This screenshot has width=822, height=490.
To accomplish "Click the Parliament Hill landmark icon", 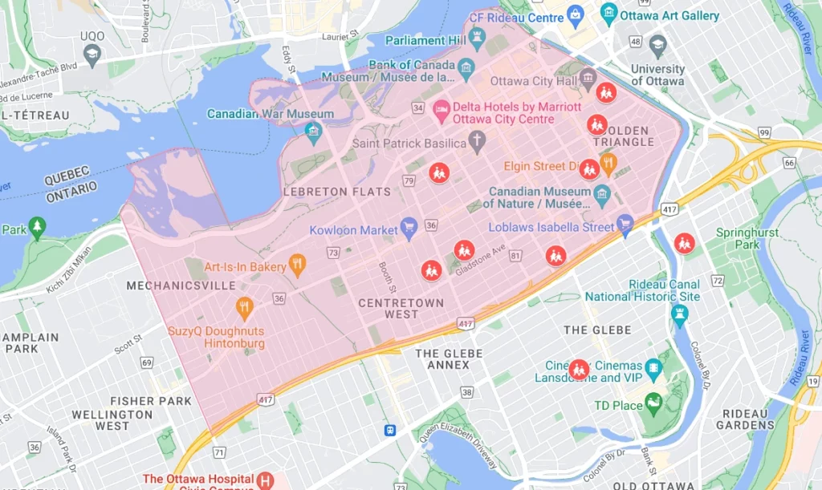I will point(477,36).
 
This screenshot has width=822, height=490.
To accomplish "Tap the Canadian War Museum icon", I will point(313,130).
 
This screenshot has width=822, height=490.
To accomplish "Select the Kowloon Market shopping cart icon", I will point(409,227).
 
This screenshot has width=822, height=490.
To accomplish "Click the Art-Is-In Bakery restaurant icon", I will point(297,264).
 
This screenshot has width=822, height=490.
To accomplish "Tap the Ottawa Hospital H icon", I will point(264,480).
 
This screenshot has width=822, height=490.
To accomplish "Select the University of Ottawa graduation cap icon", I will point(657,43).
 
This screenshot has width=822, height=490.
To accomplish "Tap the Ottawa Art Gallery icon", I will point(608,13).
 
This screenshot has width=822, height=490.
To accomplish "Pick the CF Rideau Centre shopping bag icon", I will point(575,13).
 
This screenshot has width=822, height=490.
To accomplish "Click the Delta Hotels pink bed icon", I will point(441,108).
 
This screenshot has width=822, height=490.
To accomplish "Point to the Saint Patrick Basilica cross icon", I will point(477,142).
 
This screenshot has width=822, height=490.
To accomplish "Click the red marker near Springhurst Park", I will point(684,242).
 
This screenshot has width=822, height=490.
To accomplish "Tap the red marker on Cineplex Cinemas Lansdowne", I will point(578,370).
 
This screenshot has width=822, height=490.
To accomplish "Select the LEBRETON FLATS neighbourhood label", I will point(337,192).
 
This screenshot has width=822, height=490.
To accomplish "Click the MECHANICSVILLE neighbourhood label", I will point(181,285).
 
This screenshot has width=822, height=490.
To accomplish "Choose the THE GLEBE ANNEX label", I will point(449,359).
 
